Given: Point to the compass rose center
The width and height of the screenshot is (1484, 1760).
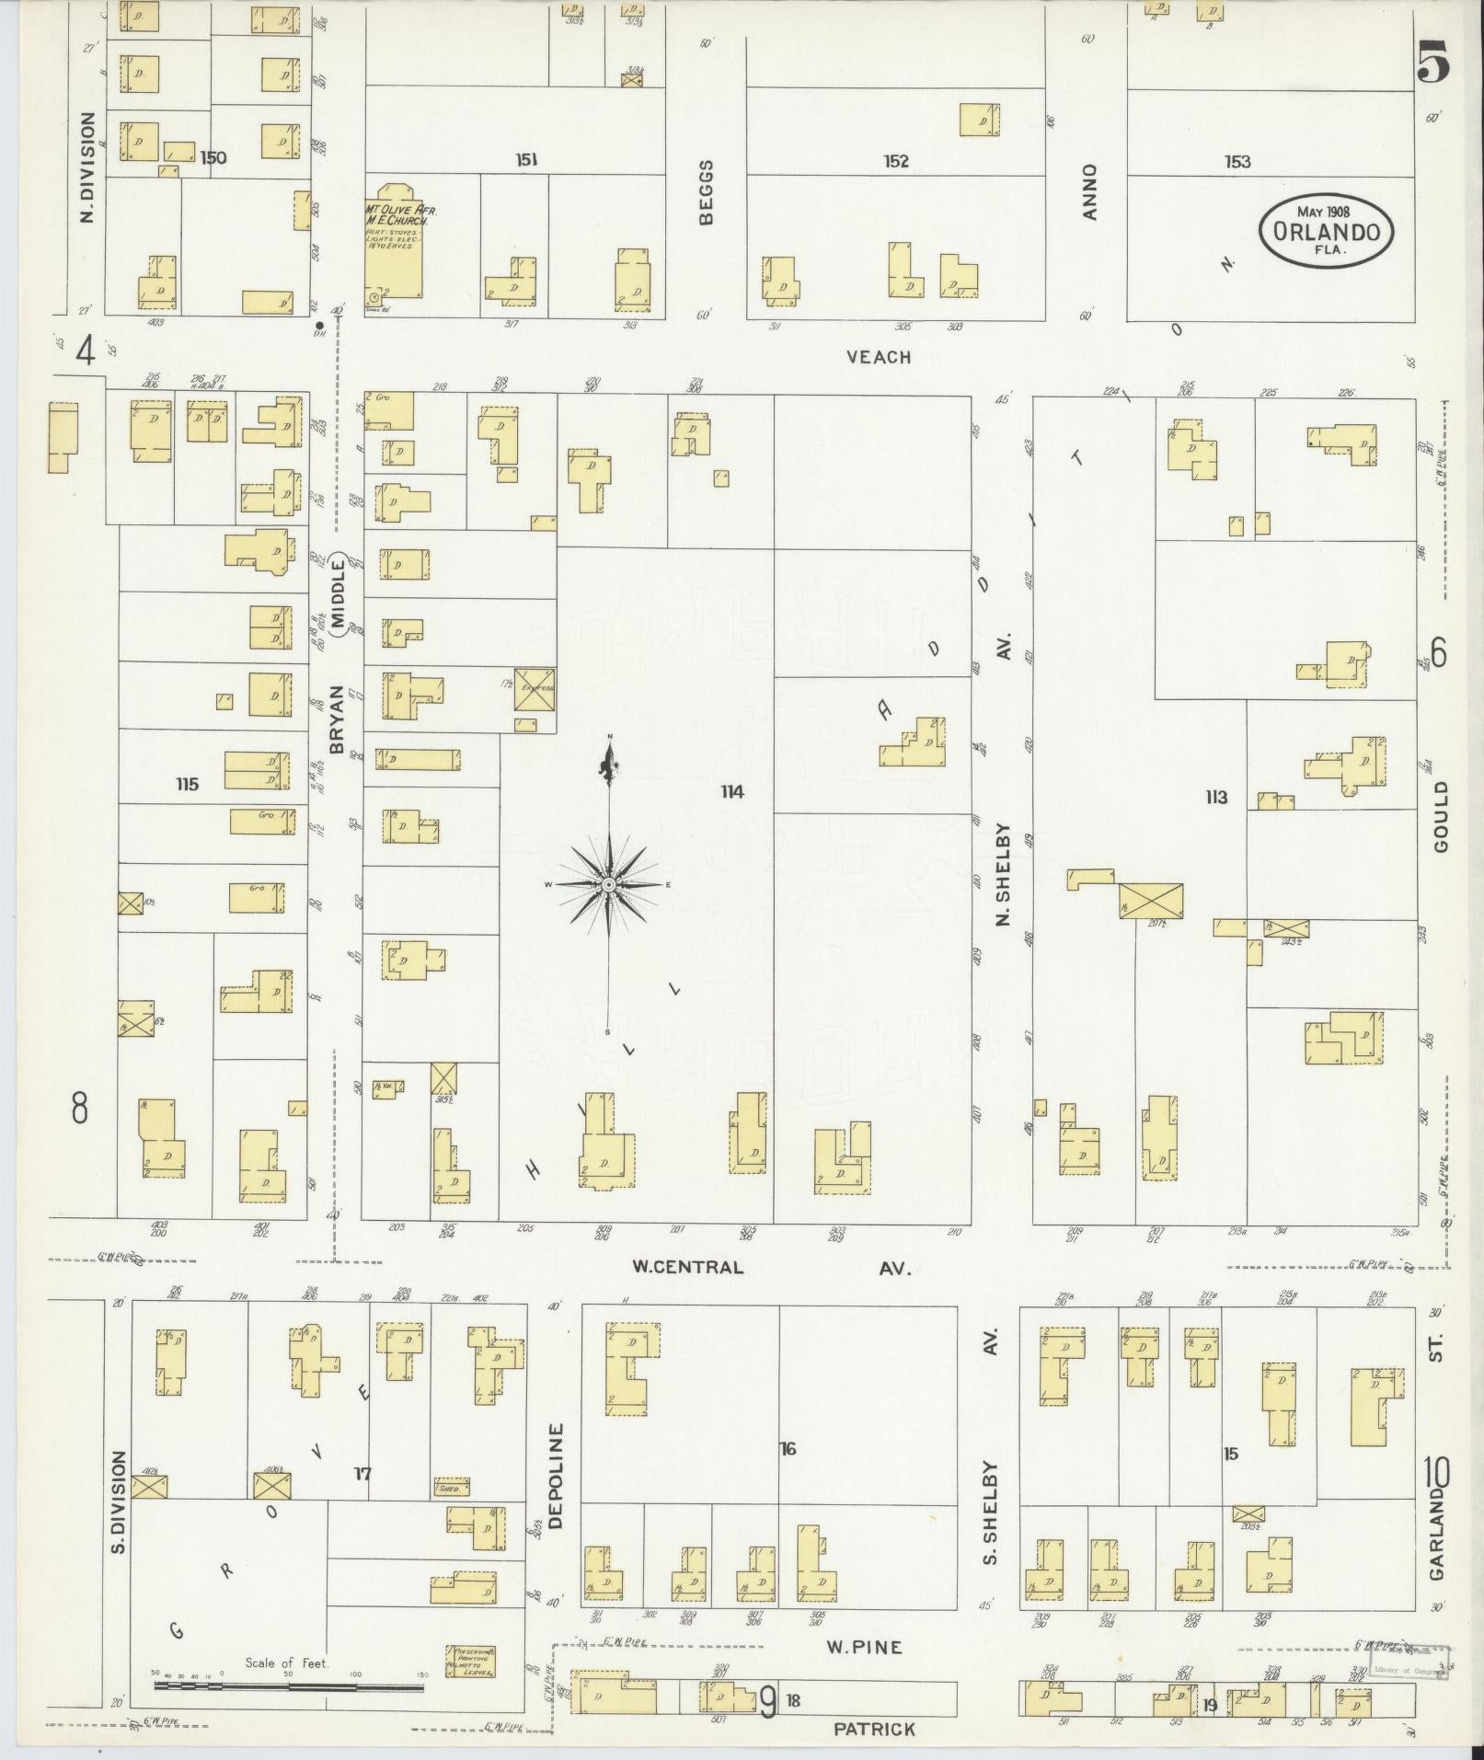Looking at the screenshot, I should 608,884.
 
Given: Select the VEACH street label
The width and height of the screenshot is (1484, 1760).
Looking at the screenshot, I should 880,357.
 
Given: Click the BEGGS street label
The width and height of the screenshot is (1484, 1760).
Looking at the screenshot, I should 706,191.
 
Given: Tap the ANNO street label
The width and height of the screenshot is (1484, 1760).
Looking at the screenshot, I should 1090,191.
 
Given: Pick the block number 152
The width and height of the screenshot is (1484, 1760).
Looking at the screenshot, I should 895,162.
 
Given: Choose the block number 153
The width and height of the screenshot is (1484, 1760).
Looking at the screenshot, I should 1237,162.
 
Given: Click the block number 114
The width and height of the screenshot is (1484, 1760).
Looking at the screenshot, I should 732,791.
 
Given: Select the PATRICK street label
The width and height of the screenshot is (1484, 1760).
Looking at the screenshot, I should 874,1730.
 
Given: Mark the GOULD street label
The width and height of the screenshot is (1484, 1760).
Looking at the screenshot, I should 1440,816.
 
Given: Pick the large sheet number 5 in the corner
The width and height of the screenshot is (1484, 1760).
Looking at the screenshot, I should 1433,64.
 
